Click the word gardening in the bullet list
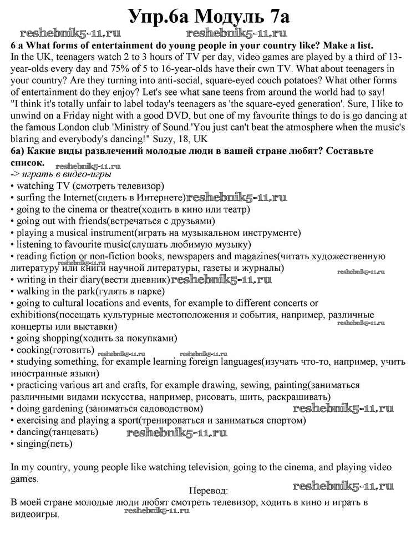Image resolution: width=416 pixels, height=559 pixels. click(x=60, y=408)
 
